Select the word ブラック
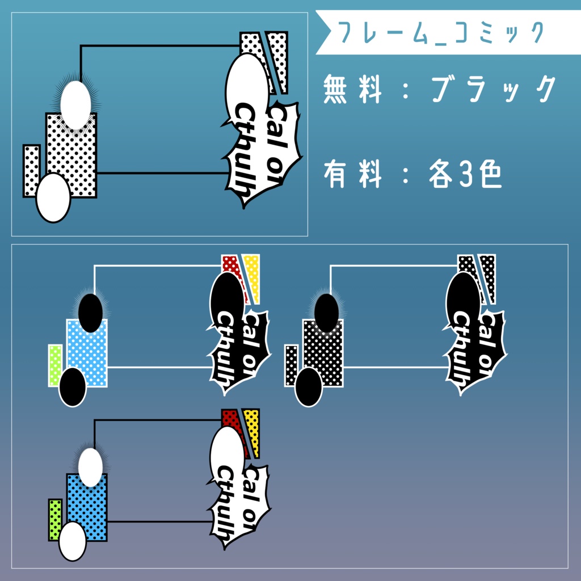(492, 89)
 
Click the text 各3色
(465, 175)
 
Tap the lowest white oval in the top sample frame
(53, 197)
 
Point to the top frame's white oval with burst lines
(75, 104)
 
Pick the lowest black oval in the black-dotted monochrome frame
(309, 387)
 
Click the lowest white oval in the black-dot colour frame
(73, 541)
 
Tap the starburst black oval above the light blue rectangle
(90, 313)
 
